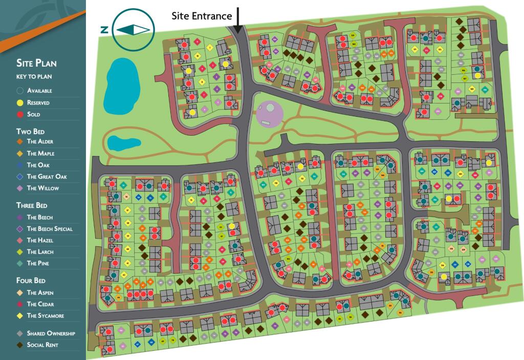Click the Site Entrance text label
tap(201, 16)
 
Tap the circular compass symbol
tap(133, 30)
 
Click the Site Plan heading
tap(36, 63)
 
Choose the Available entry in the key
tap(39, 91)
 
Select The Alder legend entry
tap(40, 141)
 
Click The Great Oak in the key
tap(47, 177)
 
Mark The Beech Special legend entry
tap(50, 228)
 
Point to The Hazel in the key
tap(40, 240)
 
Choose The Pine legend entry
tap(38, 263)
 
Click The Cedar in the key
tap(40, 304)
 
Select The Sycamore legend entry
tap(46, 316)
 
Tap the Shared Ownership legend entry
tap(51, 333)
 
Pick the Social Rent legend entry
tap(42, 345)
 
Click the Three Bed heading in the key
tap(32, 205)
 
